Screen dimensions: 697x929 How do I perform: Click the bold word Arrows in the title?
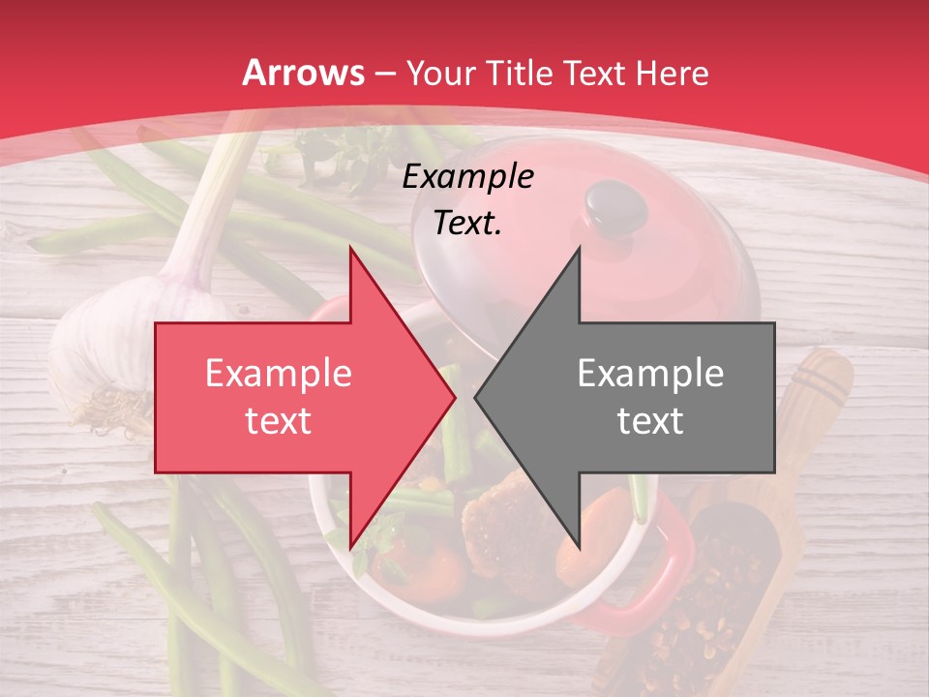click(x=304, y=73)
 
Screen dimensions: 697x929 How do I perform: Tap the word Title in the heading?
click(x=517, y=73)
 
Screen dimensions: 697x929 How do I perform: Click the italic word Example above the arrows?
click(x=467, y=177)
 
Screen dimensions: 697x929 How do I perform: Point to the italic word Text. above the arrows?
click(x=467, y=223)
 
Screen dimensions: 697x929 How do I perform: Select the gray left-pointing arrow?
click(x=639, y=397)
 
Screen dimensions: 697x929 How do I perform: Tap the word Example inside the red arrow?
click(x=279, y=374)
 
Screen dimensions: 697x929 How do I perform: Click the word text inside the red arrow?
click(x=279, y=420)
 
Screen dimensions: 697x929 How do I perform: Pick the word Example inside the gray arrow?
click(x=650, y=374)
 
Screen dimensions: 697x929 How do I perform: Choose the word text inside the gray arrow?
click(x=650, y=420)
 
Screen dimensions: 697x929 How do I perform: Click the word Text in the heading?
click(x=592, y=73)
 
